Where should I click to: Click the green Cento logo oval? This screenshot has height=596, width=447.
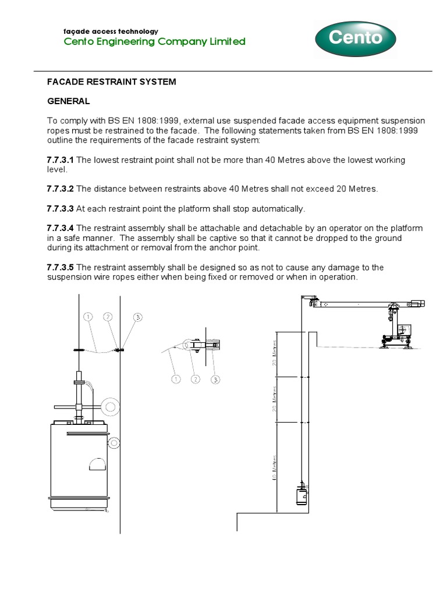(355, 39)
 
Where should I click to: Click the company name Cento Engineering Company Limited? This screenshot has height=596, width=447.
(146, 41)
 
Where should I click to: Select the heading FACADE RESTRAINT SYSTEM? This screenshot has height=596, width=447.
(111, 82)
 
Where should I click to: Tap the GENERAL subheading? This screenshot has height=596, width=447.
(68, 101)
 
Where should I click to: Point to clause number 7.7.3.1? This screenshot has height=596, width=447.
(61, 160)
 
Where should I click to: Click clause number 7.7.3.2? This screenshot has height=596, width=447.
(61, 189)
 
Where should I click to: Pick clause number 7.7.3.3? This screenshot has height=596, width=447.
(61, 208)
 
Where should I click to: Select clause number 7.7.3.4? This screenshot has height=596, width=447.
(61, 228)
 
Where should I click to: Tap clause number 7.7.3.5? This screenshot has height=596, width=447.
(61, 267)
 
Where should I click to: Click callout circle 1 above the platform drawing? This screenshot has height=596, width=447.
(88, 317)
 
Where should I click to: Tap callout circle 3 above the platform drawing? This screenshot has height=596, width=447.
(138, 317)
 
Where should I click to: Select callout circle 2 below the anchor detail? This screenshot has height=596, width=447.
(196, 379)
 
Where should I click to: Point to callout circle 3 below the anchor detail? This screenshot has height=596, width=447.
(215, 379)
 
